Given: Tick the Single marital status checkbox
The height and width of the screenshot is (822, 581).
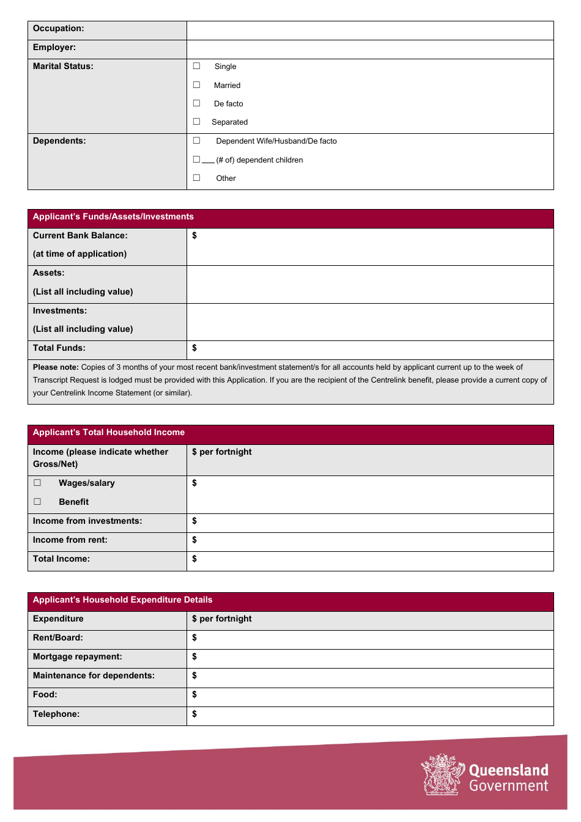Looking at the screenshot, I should click(196, 66).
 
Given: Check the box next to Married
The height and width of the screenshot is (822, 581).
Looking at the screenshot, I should click(196, 85).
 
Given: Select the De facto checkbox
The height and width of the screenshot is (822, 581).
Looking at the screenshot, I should click(196, 103).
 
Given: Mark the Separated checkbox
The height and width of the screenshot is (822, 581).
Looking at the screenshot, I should click(196, 122).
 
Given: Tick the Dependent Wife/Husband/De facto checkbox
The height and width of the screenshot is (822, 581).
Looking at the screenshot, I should click(196, 141).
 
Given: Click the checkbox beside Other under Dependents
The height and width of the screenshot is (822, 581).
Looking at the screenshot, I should click(196, 178).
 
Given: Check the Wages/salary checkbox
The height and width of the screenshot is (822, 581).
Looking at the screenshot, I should click(37, 483).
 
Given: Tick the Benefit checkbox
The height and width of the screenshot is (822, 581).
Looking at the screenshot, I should click(37, 502).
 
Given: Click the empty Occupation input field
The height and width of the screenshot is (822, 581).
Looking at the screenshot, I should click(369, 31).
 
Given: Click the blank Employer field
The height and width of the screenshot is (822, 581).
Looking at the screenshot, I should click(369, 50).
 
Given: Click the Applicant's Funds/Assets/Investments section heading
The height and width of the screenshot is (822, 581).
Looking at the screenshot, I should click(113, 217).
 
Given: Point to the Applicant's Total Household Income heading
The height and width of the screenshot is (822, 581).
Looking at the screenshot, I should click(109, 433).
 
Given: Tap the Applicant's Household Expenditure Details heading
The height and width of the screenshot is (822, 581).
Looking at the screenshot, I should click(122, 600).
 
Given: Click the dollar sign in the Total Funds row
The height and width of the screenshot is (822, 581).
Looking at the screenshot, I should click(194, 348).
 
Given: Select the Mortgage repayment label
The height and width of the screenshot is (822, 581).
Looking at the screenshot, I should click(78, 657).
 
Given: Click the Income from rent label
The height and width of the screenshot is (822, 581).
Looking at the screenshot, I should click(70, 540).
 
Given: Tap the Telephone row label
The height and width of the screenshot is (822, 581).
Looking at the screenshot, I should click(56, 714).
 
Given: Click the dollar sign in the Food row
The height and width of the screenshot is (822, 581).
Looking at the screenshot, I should click(194, 695).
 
